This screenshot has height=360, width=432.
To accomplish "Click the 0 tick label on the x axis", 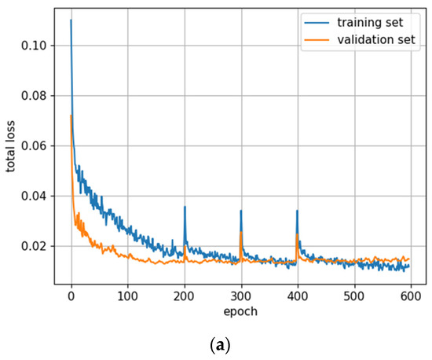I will click(x=71, y=297).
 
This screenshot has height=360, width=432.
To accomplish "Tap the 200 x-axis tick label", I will click(x=185, y=297).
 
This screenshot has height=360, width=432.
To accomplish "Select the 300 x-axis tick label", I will click(x=241, y=297).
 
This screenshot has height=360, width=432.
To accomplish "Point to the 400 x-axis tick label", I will click(x=297, y=297).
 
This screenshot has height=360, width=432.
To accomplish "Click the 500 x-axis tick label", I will click(x=353, y=297).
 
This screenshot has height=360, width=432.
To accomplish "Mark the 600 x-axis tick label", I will click(x=410, y=297).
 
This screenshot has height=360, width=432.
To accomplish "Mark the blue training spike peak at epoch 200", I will click(x=185, y=208).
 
